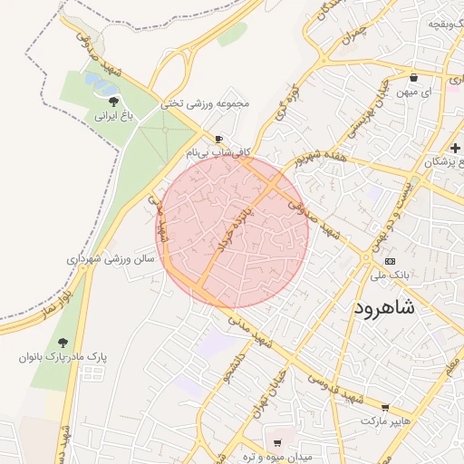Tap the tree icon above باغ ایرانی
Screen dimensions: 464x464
113,101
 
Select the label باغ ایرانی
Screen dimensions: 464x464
114,116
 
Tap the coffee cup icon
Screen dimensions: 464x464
218,139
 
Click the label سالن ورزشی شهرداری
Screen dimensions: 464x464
111,258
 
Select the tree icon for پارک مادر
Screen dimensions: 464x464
63,342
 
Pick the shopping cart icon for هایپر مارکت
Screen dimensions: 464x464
386,408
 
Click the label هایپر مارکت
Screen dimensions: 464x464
386,422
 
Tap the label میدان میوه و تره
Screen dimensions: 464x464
277,458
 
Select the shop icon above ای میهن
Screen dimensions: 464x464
414,78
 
